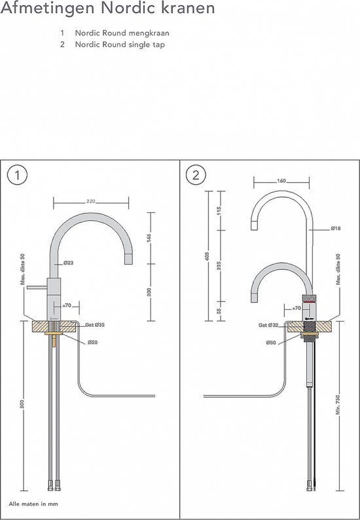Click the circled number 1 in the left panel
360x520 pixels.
point(17,175)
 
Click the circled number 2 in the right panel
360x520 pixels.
point(196,175)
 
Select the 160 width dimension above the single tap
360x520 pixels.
point(281,181)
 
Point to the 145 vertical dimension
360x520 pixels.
point(150,238)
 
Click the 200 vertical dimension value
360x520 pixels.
point(150,292)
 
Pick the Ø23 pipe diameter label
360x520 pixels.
point(68,263)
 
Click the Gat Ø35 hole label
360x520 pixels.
point(95,324)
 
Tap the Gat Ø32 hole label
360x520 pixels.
point(268,324)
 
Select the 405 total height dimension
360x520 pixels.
point(206,255)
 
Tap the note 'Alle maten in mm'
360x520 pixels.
point(33,504)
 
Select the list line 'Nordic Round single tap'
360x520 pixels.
point(119,45)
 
